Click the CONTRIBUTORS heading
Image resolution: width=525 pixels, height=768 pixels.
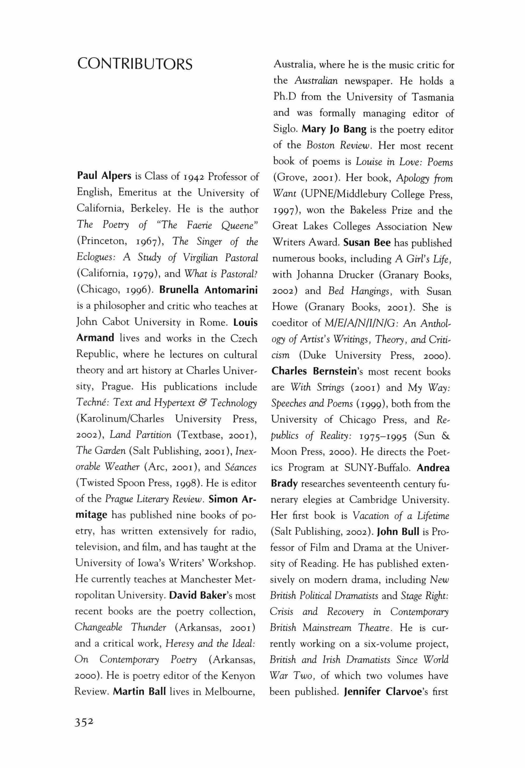pos(134,64)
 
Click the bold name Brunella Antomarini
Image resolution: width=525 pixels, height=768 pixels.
pos(208,290)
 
